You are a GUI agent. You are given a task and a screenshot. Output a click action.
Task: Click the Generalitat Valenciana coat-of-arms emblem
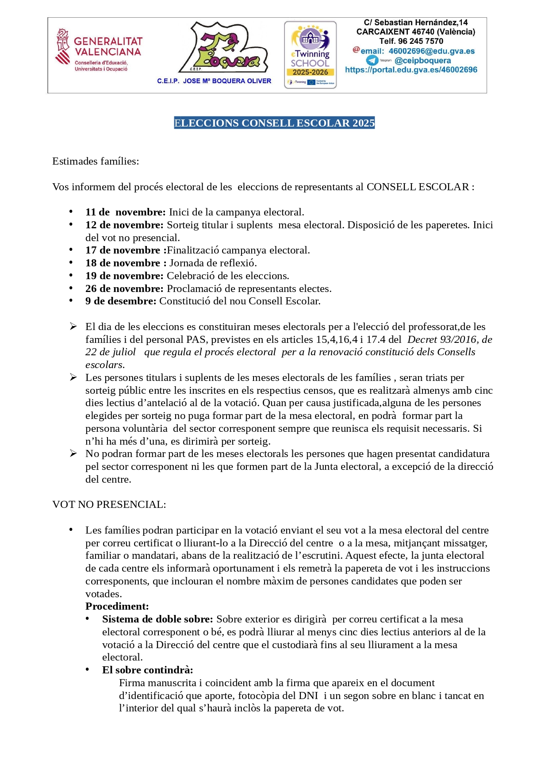63,46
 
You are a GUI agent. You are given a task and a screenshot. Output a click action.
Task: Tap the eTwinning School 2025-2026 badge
310,54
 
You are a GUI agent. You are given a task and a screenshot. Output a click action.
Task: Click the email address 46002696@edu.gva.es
431,51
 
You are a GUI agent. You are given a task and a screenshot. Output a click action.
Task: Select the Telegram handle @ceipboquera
422,61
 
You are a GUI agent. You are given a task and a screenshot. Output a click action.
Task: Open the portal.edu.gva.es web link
411,70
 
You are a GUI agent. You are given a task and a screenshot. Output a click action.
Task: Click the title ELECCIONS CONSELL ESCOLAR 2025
274,123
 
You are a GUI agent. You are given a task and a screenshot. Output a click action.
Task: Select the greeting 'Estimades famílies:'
96,161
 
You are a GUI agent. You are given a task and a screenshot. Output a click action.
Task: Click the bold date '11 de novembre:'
125,212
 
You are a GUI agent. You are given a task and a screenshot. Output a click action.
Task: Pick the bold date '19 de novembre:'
124,276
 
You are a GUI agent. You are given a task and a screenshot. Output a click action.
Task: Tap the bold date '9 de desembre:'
121,301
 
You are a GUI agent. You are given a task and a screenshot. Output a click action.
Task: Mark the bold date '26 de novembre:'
124,288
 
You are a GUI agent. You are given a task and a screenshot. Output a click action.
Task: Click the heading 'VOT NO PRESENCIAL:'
109,504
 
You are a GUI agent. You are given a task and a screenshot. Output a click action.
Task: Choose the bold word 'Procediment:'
117,606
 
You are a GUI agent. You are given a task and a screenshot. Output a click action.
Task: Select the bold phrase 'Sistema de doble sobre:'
157,619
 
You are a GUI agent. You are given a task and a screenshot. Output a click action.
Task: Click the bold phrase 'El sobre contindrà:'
147,670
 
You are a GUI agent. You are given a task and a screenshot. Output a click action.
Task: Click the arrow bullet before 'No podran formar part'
73,453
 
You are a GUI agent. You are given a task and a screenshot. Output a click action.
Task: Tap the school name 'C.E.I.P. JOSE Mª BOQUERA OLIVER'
214,81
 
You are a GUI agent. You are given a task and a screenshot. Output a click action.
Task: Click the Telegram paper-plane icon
372,61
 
